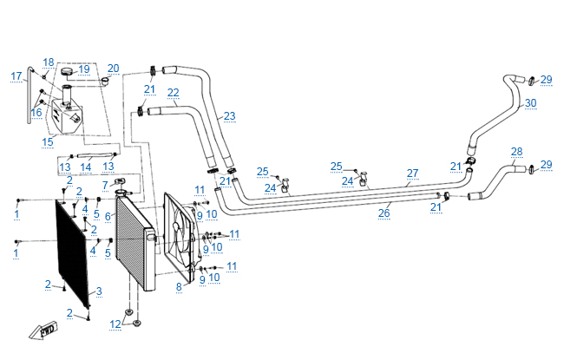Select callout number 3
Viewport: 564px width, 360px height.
[99, 291]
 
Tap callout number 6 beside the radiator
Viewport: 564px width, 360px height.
[107, 215]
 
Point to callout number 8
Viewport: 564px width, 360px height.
[180, 285]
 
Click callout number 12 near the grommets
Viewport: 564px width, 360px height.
[115, 324]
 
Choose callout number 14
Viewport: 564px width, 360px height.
[85, 167]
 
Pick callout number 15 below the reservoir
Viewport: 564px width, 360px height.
[49, 141]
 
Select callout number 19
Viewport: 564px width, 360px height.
[84, 69]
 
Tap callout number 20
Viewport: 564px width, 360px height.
[113, 68]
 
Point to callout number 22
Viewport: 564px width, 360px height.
[173, 92]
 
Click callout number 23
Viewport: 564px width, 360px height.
[229, 115]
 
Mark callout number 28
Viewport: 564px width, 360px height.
[516, 151]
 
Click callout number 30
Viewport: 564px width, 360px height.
[530, 102]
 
